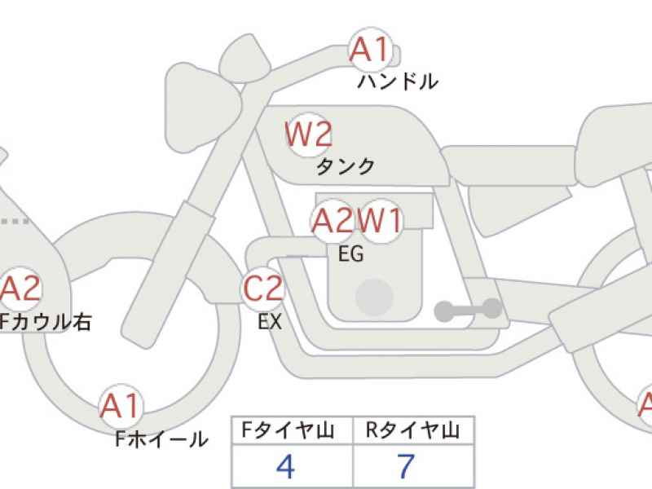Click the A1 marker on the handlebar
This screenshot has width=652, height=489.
[370, 50]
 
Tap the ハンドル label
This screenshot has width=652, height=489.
[398, 81]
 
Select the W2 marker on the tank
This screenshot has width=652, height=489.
[309, 134]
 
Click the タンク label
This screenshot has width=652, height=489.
[345, 166]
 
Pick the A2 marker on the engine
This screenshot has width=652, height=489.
[333, 220]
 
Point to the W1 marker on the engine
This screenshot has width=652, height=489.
[380, 221]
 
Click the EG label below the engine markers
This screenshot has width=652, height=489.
[351, 253]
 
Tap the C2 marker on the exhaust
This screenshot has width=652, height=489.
[262, 289]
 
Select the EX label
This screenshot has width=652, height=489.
[270, 321]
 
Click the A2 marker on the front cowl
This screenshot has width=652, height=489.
[21, 289]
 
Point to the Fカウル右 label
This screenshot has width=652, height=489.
[45, 322]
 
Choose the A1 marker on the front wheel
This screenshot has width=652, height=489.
[120, 406]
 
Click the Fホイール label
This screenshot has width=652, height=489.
[161, 439]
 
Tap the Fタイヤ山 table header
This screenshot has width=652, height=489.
[288, 430]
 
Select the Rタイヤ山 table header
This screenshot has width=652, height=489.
[412, 430]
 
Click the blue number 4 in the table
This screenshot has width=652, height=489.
[286, 465]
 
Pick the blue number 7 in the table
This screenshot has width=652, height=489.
[406, 465]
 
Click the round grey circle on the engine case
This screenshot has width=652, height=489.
[374, 297]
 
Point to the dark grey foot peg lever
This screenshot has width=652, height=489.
[468, 310]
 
